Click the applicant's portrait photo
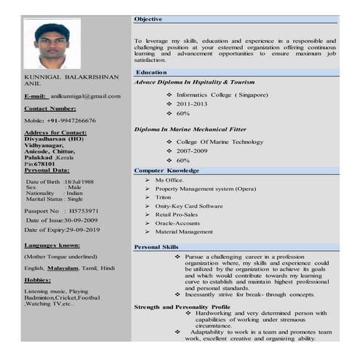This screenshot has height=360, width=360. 52,44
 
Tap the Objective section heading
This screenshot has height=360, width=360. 148,19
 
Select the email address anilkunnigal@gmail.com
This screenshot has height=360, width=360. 85,96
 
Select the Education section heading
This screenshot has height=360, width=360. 151,73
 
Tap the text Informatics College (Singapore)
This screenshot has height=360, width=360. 222,95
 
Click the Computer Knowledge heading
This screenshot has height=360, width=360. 167,170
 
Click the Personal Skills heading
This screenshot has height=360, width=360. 156,247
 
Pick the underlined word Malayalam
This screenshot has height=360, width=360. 62,268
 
